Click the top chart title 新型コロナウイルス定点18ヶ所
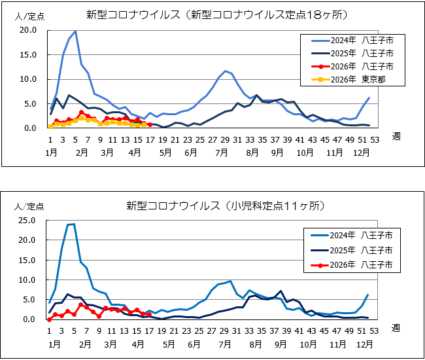click(216, 15)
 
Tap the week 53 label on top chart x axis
click(374, 139)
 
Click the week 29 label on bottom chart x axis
click(224, 331)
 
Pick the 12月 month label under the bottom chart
click(364, 344)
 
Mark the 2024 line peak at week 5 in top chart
click(75, 31)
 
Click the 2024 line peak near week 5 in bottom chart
click(74, 224)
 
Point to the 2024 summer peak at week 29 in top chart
click(225, 71)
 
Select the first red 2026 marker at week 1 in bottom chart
click(50, 319)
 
